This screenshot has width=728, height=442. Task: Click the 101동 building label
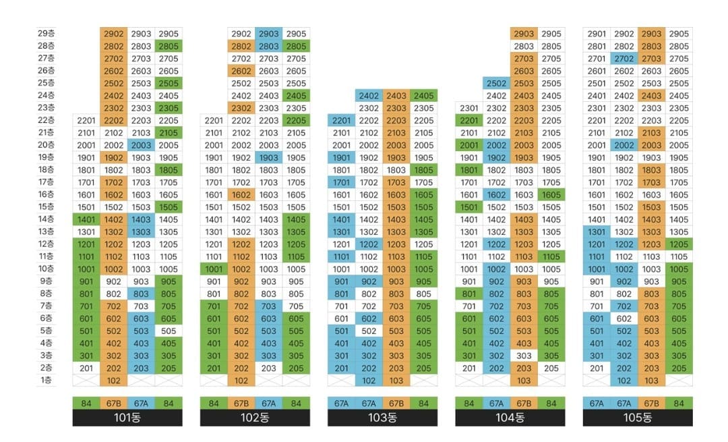tap(127, 418)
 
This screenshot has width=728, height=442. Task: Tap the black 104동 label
tap(510, 418)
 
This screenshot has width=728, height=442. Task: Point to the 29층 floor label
tap(47, 33)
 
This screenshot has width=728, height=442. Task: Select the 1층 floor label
tap(47, 380)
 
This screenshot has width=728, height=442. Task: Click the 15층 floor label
tap(47, 206)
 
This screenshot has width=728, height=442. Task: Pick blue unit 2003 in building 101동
tap(141, 145)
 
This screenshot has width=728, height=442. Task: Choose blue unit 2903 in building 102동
tap(268, 34)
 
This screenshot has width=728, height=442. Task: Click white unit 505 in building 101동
tap(169, 331)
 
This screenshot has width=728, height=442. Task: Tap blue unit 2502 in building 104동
tap(496, 83)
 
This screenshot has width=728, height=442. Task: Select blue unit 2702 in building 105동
tap(624, 59)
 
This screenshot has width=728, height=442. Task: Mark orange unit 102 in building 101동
tap(114, 381)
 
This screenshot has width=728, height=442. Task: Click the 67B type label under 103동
tap(396, 404)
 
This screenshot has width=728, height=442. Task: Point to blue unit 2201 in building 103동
tap(341, 120)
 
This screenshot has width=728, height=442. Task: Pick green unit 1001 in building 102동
tap(214, 269)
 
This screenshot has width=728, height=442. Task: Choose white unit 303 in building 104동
tap(524, 356)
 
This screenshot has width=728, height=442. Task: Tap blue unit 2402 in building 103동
tap(369, 96)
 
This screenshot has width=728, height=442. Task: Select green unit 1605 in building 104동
tap(551, 194)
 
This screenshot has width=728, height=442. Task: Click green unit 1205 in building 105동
tap(679, 244)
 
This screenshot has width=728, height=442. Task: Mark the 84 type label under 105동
tap(679, 404)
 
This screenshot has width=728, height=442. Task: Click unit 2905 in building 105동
tap(679, 34)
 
